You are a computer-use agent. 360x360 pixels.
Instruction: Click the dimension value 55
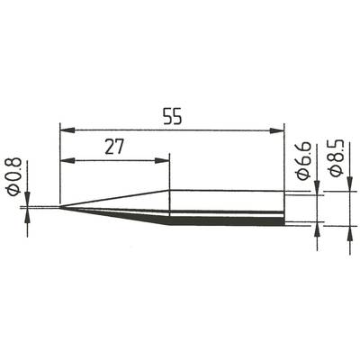(170, 117)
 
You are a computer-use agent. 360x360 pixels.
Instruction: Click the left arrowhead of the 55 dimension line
(65, 130)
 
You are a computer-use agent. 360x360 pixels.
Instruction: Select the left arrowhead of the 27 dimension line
(65, 162)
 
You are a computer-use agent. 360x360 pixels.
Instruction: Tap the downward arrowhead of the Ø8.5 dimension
(348, 185)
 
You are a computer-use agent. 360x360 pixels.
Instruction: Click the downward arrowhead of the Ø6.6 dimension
(317, 191)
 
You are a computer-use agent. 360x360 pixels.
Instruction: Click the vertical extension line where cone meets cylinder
(169, 175)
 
